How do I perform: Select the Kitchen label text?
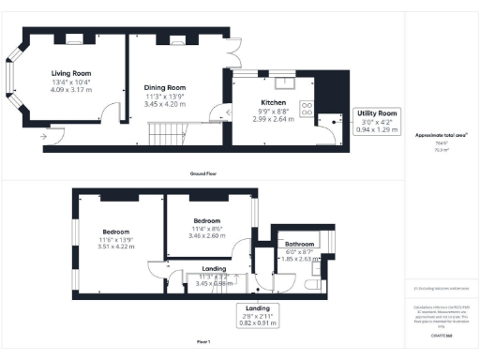click(x=274, y=103)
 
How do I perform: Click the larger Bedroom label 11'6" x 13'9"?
click(x=116, y=232)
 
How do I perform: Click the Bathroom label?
click(x=300, y=245)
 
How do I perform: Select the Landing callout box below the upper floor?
click(x=258, y=312)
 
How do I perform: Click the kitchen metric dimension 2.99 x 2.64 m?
click(x=275, y=119)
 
